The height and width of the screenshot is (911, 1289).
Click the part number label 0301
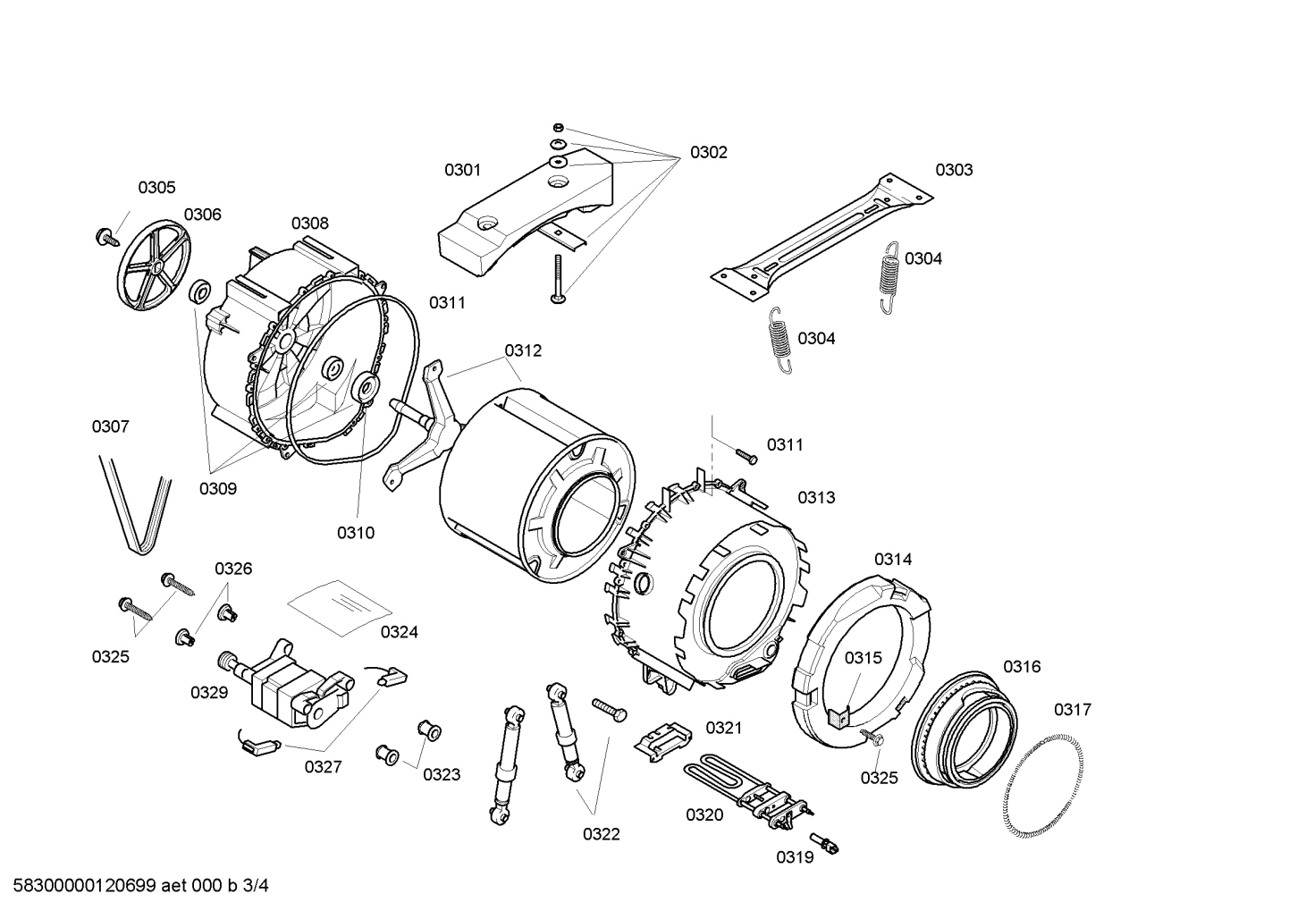(x=462, y=170)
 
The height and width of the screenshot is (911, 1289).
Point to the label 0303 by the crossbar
(x=954, y=170)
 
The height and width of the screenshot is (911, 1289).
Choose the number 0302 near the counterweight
(x=708, y=152)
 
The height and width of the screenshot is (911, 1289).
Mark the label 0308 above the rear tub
(x=309, y=223)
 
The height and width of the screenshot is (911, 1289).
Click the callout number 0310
(x=355, y=533)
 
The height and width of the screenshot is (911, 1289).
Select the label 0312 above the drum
(x=523, y=350)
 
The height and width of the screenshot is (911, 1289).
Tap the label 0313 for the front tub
(x=816, y=497)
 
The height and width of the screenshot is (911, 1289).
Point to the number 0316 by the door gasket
(x=1022, y=666)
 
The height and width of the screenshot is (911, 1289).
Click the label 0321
(x=724, y=728)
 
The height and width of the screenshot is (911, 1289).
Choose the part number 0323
(x=442, y=774)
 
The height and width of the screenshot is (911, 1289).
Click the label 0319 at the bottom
(x=794, y=857)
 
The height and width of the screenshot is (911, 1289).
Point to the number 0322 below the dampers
(x=601, y=834)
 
